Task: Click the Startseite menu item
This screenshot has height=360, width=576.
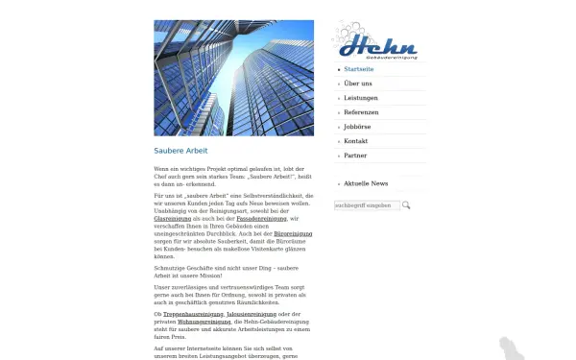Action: [359, 69]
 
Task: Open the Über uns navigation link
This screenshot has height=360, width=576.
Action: [358, 84]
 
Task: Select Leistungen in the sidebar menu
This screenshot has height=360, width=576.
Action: [361, 98]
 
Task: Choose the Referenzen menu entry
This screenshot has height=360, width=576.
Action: [361, 112]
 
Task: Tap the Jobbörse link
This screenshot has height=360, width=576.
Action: [357, 127]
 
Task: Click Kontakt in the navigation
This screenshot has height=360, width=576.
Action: [356, 141]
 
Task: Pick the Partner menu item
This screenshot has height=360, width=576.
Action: [355, 156]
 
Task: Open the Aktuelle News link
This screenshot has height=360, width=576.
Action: [366, 183]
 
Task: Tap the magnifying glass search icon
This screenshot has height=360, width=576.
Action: [406, 205]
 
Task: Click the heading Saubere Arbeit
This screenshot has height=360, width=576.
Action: [180, 151]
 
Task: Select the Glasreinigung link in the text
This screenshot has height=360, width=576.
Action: [173, 219]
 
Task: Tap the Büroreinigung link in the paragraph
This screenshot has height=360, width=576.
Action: [293, 233]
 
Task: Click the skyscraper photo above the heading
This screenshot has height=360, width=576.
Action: [233, 78]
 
